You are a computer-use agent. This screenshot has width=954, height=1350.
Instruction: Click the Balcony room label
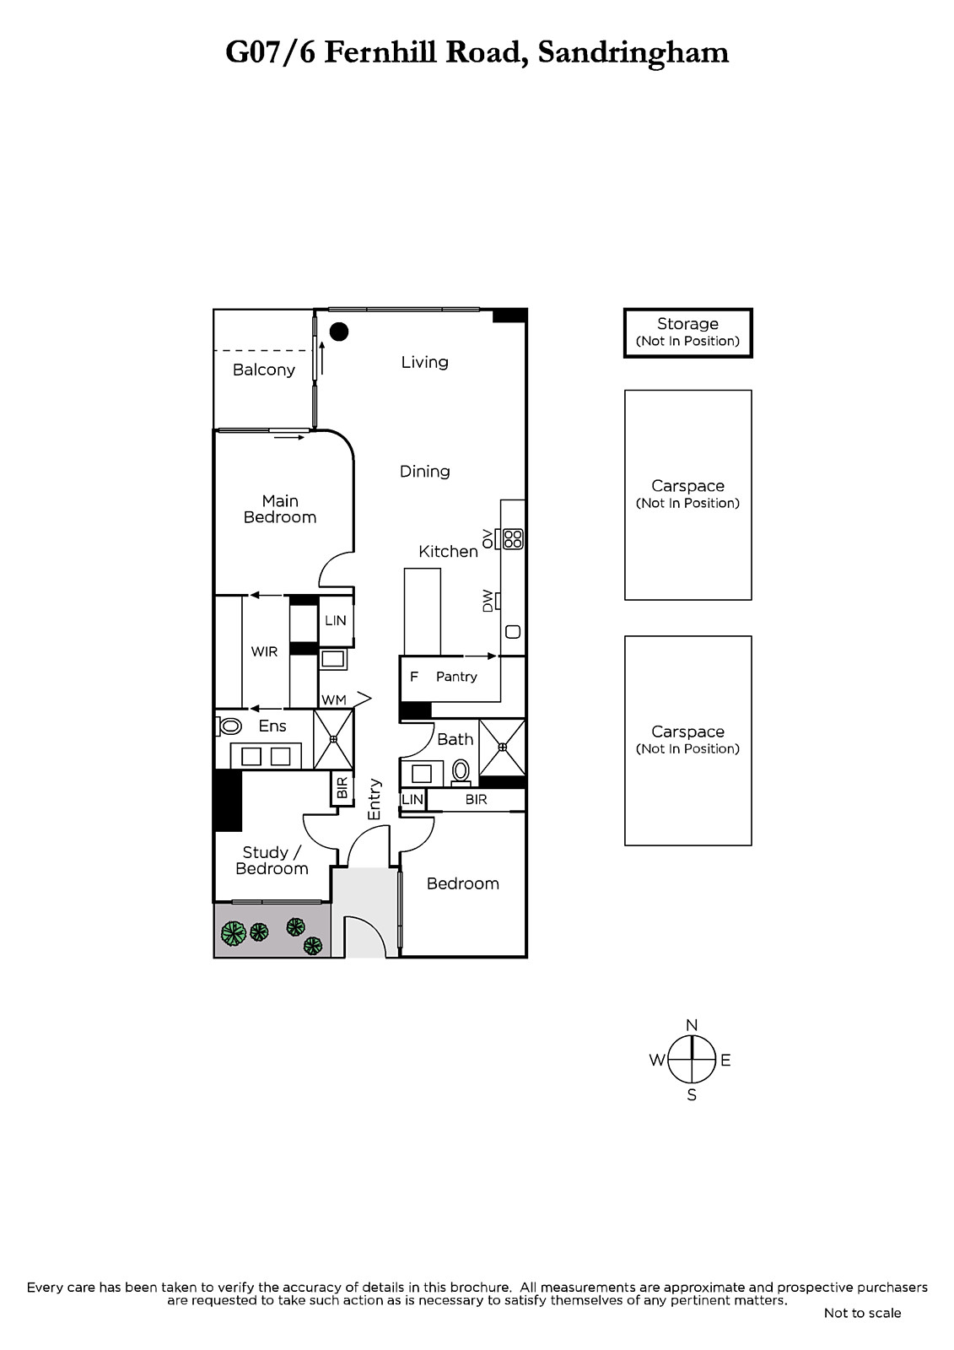tap(264, 370)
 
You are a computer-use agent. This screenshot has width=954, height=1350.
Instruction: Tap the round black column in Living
tap(339, 332)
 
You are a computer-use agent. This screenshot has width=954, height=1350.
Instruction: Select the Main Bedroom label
tap(280, 509)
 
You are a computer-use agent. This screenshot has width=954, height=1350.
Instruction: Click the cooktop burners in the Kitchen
tap(513, 539)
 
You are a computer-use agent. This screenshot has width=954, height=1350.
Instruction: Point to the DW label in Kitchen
tap(488, 601)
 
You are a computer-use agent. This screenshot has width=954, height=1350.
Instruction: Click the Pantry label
tap(456, 677)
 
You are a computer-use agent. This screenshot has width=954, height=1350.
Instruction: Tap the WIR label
tap(264, 651)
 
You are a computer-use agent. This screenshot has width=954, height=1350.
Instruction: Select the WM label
tap(334, 699)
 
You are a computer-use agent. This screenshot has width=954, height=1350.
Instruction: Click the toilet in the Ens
tap(229, 726)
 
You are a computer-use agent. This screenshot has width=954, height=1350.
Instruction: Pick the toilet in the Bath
tap(461, 772)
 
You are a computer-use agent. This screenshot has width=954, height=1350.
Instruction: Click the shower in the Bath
tap(502, 748)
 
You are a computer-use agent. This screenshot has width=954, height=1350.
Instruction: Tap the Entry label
tap(375, 799)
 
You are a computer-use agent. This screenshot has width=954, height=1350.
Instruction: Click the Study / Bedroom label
tap(272, 860)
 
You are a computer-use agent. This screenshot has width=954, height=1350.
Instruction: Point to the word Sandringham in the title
tap(633, 54)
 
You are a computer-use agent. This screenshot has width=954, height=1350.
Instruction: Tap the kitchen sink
tap(513, 632)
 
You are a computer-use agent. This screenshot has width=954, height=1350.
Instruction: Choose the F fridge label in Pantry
tap(414, 676)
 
